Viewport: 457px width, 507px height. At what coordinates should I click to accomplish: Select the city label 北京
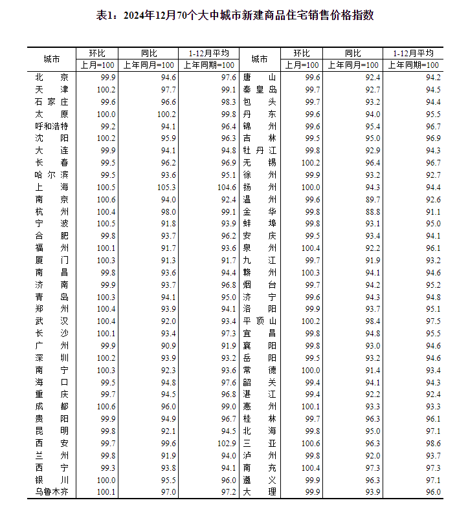(52, 77)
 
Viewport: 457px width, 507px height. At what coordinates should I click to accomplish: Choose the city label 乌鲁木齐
(52, 492)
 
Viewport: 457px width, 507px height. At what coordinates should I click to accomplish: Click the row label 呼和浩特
(52, 126)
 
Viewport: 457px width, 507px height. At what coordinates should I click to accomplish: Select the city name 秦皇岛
(260, 89)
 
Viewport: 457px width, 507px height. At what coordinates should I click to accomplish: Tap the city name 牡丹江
(260, 151)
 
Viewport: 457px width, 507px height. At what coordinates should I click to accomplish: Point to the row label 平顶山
(260, 321)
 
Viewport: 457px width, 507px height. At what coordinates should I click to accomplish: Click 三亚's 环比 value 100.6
(310, 443)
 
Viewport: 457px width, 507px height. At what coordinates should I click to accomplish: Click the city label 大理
(260, 492)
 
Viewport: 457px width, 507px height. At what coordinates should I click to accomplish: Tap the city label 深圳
(52, 358)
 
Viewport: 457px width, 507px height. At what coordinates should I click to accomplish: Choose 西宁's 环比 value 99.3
(106, 468)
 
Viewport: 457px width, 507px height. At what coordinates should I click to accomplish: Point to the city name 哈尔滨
(52, 175)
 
